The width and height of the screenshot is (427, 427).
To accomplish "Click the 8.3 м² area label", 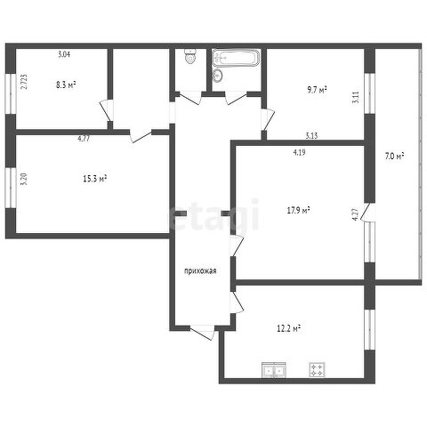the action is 66,85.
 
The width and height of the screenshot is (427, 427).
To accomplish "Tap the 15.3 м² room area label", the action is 95,179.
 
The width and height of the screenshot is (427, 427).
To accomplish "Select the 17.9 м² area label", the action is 299,210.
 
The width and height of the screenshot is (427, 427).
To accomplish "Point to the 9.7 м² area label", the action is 317,90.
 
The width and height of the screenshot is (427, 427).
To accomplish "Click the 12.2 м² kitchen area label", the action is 289,328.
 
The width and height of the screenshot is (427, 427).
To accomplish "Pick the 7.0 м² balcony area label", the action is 395,156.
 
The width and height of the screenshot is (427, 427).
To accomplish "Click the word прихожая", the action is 200,271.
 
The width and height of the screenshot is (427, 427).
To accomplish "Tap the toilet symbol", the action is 190,56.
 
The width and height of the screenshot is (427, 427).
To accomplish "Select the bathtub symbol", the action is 236,58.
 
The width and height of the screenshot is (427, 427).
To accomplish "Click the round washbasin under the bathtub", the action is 217,75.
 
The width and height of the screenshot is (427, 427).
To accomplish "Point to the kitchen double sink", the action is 274,370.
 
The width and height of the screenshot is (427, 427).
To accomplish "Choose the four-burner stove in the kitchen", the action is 317,370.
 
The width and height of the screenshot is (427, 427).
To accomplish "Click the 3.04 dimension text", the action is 64,54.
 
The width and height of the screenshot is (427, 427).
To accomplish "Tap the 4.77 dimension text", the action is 84,139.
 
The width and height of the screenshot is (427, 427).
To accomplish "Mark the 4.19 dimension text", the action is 299,152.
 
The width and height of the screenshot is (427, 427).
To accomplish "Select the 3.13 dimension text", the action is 311,136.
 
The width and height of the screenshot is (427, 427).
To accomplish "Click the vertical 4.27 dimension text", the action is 356,214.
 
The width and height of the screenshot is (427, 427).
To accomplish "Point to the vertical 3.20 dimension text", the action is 24,179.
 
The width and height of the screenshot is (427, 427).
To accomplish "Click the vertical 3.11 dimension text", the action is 356,97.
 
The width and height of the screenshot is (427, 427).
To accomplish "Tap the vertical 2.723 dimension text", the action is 24,82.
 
